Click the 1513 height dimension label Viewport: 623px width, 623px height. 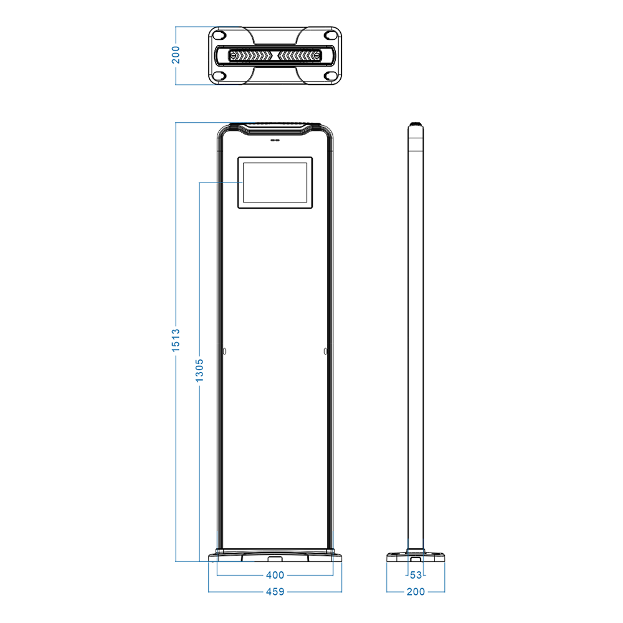click(x=176, y=340)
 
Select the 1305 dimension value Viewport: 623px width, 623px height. click(x=199, y=370)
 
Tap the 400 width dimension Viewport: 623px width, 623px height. click(x=275, y=575)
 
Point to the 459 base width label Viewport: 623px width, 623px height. click(x=275, y=592)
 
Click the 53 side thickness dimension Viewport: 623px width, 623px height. click(x=416, y=575)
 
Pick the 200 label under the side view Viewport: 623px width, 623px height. click(x=416, y=592)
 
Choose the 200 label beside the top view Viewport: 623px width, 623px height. click(x=176, y=55)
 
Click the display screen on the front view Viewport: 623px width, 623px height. click(x=275, y=183)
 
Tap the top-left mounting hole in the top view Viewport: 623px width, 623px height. click(x=220, y=36)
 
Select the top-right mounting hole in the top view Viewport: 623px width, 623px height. click(x=330, y=36)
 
